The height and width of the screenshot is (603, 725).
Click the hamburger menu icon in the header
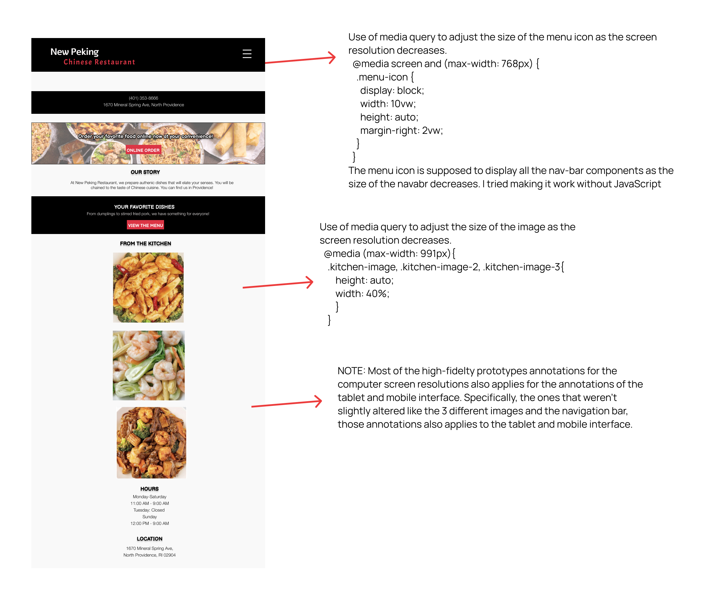tap(247, 54)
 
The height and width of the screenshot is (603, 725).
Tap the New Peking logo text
tap(75, 52)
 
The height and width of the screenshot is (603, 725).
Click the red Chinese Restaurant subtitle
tap(99, 62)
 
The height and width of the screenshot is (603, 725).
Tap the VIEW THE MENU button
tap(145, 225)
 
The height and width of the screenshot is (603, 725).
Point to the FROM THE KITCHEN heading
tap(145, 243)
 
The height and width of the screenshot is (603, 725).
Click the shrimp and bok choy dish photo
tap(148, 365)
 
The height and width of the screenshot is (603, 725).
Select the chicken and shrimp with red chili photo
tap(148, 287)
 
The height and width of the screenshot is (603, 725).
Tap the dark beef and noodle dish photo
tap(151, 442)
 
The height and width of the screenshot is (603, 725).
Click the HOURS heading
tap(149, 489)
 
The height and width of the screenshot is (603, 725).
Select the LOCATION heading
tap(149, 539)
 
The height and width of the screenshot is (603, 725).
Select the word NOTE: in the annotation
tap(351, 371)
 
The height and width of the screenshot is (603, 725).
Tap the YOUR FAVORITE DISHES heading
tap(144, 207)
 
